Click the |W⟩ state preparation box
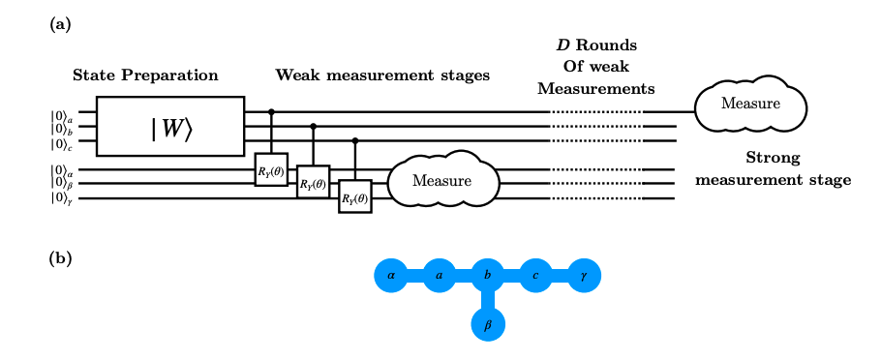tap(170, 126)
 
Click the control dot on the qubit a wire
tap(270, 111)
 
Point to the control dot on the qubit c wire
tap(354, 140)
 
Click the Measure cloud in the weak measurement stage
tap(441, 181)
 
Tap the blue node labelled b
tap(488, 276)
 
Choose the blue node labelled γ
tap(584, 276)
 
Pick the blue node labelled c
tap(535, 276)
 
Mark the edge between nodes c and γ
tap(560, 276)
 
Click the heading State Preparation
tap(145, 75)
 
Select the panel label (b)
tap(59, 258)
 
